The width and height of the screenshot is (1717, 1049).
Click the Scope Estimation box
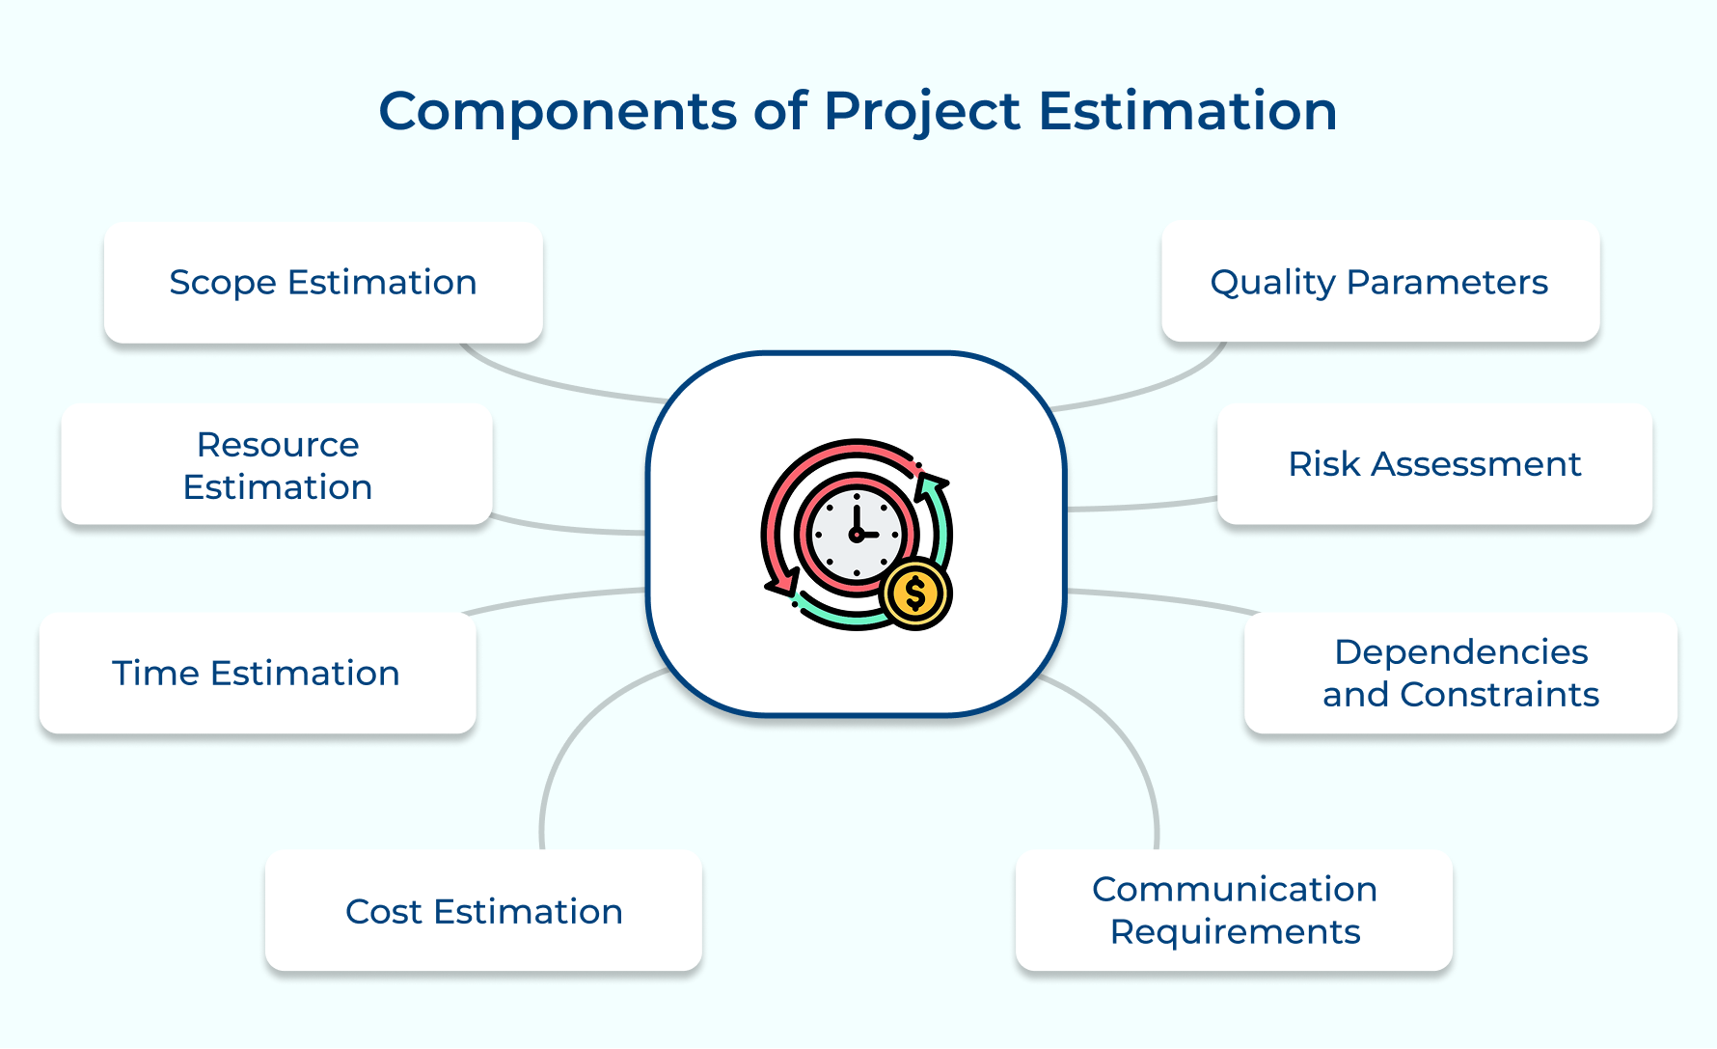(323, 283)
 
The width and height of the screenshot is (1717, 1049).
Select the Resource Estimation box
(277, 465)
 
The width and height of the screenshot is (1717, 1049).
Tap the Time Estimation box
(258, 674)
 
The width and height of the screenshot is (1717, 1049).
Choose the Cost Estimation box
(483, 911)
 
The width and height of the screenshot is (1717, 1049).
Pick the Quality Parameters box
(1380, 282)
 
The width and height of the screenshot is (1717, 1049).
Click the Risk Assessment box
(1434, 464)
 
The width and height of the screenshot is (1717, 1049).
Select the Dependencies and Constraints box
(1460, 674)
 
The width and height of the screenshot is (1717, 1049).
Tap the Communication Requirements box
(1234, 911)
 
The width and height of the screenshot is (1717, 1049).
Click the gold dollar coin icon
(915, 594)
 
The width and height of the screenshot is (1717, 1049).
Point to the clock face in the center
(857, 534)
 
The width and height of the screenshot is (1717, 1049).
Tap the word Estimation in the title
(1187, 111)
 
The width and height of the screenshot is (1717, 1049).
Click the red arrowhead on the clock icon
(782, 583)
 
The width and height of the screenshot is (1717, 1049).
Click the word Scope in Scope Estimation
(223, 284)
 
